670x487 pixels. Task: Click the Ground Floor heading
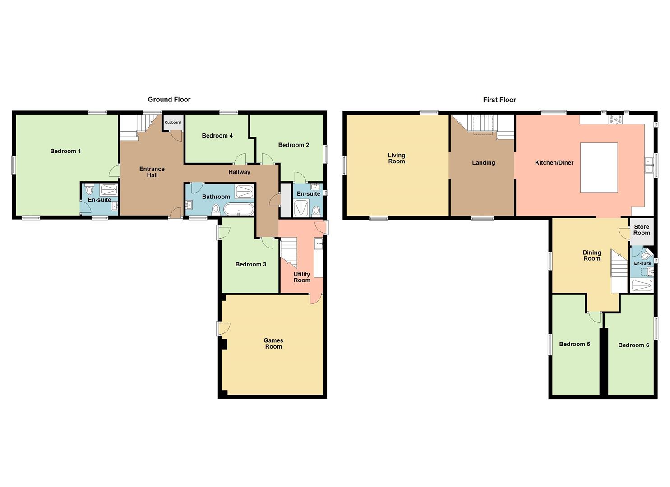tap(169, 100)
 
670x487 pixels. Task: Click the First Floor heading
tap(499, 100)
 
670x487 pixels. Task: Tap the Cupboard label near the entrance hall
tap(173, 122)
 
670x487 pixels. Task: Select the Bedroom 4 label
tap(217, 136)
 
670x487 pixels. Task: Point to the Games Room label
tap(273, 344)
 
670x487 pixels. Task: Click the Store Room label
tap(641, 230)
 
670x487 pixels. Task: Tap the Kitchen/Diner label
tap(554, 163)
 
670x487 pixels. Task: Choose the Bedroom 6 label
tap(633, 345)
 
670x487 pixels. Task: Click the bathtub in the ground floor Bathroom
tap(239, 210)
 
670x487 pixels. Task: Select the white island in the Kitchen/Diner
tap(599, 167)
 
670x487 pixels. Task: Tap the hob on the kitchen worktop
tap(615, 119)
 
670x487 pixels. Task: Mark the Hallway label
tap(239, 172)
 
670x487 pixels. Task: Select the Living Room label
tap(397, 158)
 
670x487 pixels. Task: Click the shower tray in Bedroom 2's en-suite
tap(300, 208)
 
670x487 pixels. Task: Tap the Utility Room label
tap(302, 277)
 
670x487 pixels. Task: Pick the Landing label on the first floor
tap(483, 163)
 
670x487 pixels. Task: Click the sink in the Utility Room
tap(319, 243)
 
